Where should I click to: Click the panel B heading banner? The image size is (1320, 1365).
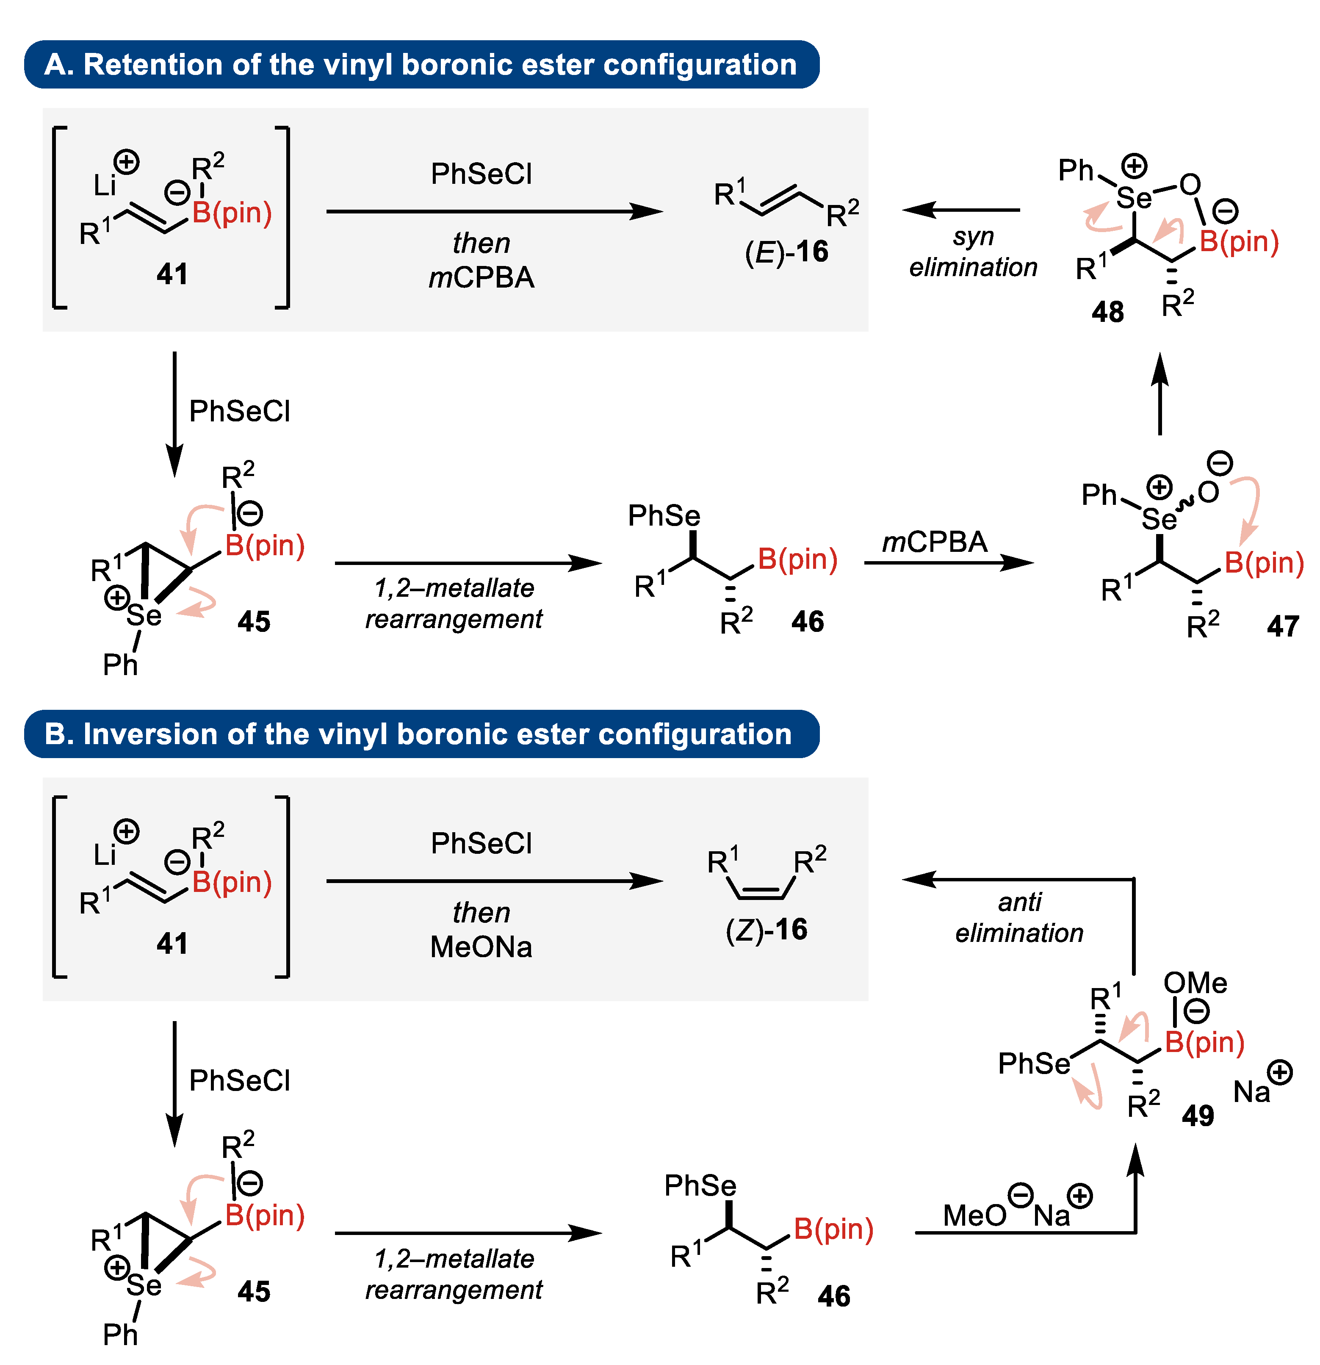(421, 734)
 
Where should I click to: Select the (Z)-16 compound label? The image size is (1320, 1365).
(766, 930)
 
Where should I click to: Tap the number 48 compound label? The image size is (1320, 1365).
(1107, 311)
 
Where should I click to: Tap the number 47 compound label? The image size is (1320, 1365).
(1282, 626)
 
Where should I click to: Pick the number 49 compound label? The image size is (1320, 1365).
(1198, 1116)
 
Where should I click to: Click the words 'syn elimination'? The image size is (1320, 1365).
(973, 252)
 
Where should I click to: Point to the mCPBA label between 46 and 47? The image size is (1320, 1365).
(934, 542)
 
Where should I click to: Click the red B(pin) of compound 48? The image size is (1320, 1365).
(1239, 242)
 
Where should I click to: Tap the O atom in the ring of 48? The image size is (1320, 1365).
(1190, 185)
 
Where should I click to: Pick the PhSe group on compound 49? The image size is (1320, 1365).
(1033, 1063)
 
